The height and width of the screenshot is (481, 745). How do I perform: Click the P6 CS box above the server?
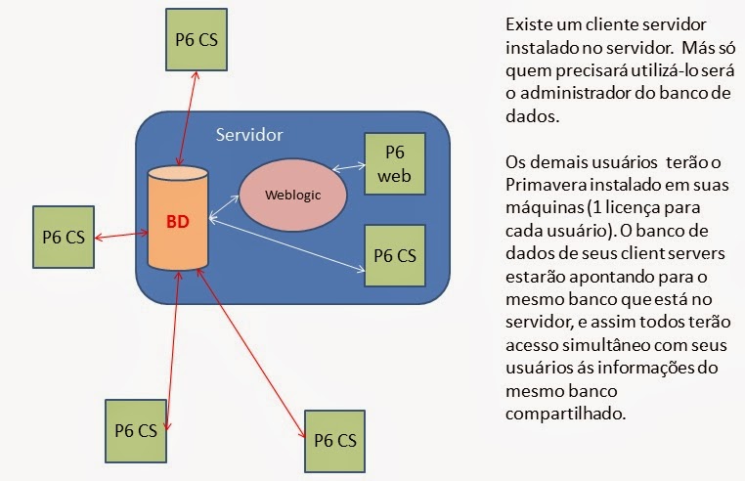tap(197, 42)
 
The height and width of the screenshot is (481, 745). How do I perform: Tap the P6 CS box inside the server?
tap(395, 255)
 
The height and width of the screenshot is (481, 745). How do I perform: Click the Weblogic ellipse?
tap(293, 193)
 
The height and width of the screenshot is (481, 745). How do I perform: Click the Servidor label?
tap(249, 134)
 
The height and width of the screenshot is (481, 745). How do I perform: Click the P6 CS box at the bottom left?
tap(136, 429)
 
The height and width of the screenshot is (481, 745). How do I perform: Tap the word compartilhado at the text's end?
tap(561, 414)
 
